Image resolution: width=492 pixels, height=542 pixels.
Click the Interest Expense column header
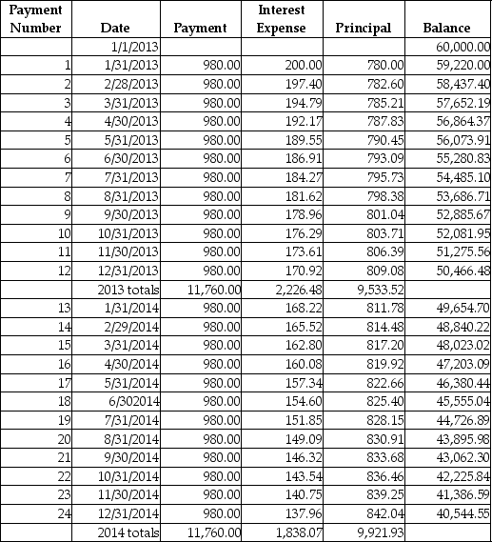(x=282, y=19)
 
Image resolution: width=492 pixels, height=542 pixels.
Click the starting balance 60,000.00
(x=462, y=46)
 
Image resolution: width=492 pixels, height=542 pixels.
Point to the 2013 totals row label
(x=128, y=289)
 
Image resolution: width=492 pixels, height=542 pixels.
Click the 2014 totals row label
(x=128, y=532)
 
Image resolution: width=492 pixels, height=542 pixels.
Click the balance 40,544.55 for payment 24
(x=462, y=512)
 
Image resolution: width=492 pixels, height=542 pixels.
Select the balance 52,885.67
(x=462, y=214)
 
